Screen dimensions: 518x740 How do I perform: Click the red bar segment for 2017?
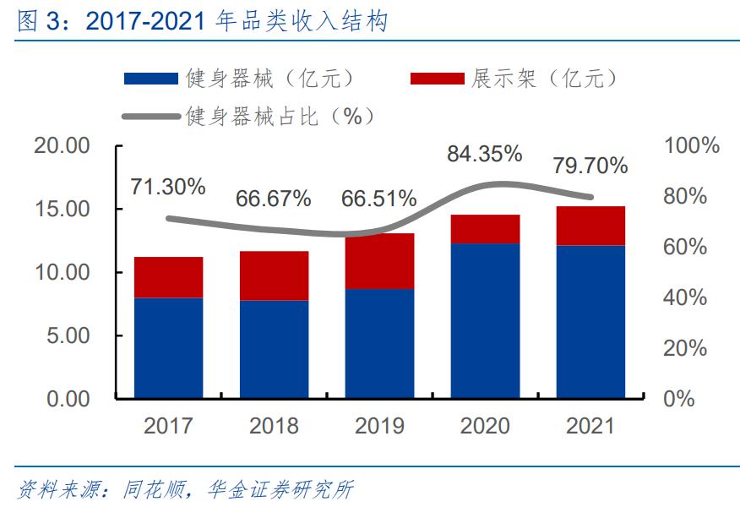point(168,277)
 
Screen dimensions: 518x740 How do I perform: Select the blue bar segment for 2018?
point(274,349)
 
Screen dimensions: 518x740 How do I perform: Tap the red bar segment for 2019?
point(379,261)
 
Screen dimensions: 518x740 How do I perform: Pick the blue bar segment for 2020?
point(485,320)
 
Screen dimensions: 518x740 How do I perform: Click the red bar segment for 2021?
point(590,226)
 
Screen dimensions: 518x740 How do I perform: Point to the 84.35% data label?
point(484,154)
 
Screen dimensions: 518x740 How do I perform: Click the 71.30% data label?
point(168,187)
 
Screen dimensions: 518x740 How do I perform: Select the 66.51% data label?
point(378,199)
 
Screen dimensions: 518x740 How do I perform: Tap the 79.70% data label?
point(590,166)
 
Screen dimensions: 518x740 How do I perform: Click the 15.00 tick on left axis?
point(62,209)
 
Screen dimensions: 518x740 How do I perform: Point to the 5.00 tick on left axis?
point(68,335)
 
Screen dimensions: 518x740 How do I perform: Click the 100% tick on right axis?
point(691,145)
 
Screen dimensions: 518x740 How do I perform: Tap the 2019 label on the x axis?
point(379,425)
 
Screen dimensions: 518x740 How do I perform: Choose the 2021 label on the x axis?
point(590,425)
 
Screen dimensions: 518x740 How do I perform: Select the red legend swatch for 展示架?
point(437,79)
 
